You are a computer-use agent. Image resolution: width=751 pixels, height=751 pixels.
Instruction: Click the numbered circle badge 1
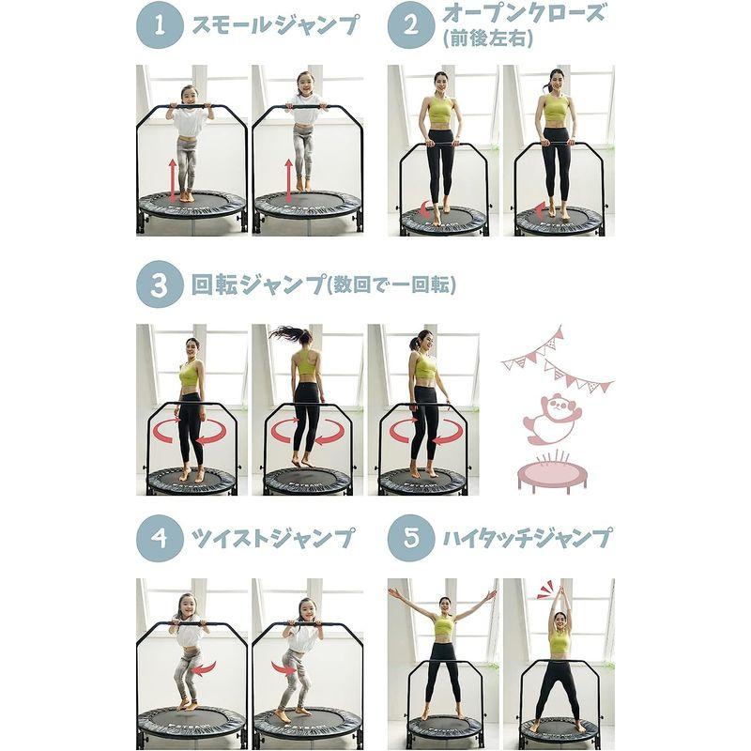160,25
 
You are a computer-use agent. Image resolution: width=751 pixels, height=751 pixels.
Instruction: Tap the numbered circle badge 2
411,25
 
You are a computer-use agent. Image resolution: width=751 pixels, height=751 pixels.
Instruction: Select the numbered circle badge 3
160,284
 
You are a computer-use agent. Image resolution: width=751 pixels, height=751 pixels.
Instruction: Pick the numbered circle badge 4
160,538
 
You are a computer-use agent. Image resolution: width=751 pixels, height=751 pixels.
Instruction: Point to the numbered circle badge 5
411,538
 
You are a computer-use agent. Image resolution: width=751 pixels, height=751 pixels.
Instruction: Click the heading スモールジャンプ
275,25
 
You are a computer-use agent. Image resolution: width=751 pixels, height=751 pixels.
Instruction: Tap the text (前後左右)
487,38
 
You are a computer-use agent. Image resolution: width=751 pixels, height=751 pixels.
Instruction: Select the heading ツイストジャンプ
273,538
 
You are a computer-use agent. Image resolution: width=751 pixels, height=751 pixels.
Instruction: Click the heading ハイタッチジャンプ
528,538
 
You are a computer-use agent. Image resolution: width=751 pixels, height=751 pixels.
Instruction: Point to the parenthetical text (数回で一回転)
391,285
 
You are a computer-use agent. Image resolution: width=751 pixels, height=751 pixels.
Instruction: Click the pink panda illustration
551,418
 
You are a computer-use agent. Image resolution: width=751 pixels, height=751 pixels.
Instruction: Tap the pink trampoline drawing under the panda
552,474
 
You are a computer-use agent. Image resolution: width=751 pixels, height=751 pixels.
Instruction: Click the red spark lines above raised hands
545,590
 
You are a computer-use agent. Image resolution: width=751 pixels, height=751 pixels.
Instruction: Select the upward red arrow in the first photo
173,180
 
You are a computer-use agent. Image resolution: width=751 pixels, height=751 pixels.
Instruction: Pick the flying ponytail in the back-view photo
289,333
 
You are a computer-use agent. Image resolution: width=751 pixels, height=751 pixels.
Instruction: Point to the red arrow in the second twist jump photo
284,667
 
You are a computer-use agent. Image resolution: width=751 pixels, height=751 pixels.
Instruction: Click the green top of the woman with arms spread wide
443,625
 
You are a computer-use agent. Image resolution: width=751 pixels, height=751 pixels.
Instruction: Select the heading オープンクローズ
523,13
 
